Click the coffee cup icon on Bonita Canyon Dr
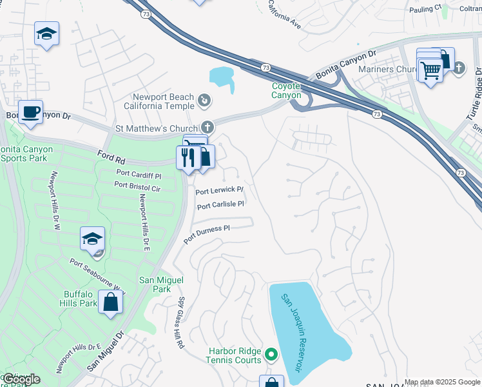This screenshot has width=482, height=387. click(30, 112)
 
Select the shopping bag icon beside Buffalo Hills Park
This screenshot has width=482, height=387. click(110, 301)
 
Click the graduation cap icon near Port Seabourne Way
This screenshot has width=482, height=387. click(93, 238)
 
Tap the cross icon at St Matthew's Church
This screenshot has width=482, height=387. click(207, 127)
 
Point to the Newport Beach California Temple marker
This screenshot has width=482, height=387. click(204, 100)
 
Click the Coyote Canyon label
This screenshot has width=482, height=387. click(286, 90)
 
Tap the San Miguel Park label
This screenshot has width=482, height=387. click(162, 284)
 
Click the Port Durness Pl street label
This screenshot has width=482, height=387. click(206, 234)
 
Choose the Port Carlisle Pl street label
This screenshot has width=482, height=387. click(220, 205)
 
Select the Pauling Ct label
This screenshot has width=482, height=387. click(429, 8)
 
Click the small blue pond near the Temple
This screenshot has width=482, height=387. click(222, 77)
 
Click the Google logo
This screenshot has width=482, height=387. click(21, 379)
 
